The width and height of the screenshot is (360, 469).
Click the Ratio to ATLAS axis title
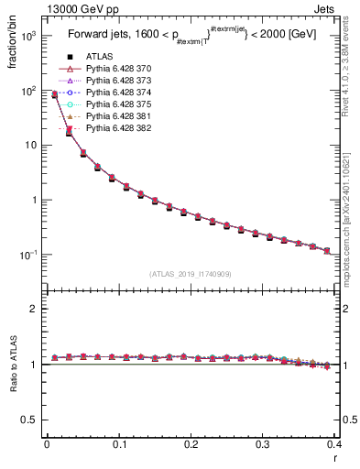pyautogui.click(x=12, y=366)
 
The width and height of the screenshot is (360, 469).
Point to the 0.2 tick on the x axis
pyautogui.click(x=191, y=444)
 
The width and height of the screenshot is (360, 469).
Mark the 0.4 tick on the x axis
pyautogui.click(x=335, y=444)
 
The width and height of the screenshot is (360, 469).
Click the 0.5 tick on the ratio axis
pyautogui.click(x=32, y=420)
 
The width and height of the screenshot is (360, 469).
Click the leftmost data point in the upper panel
pyautogui.click(x=54, y=94)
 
